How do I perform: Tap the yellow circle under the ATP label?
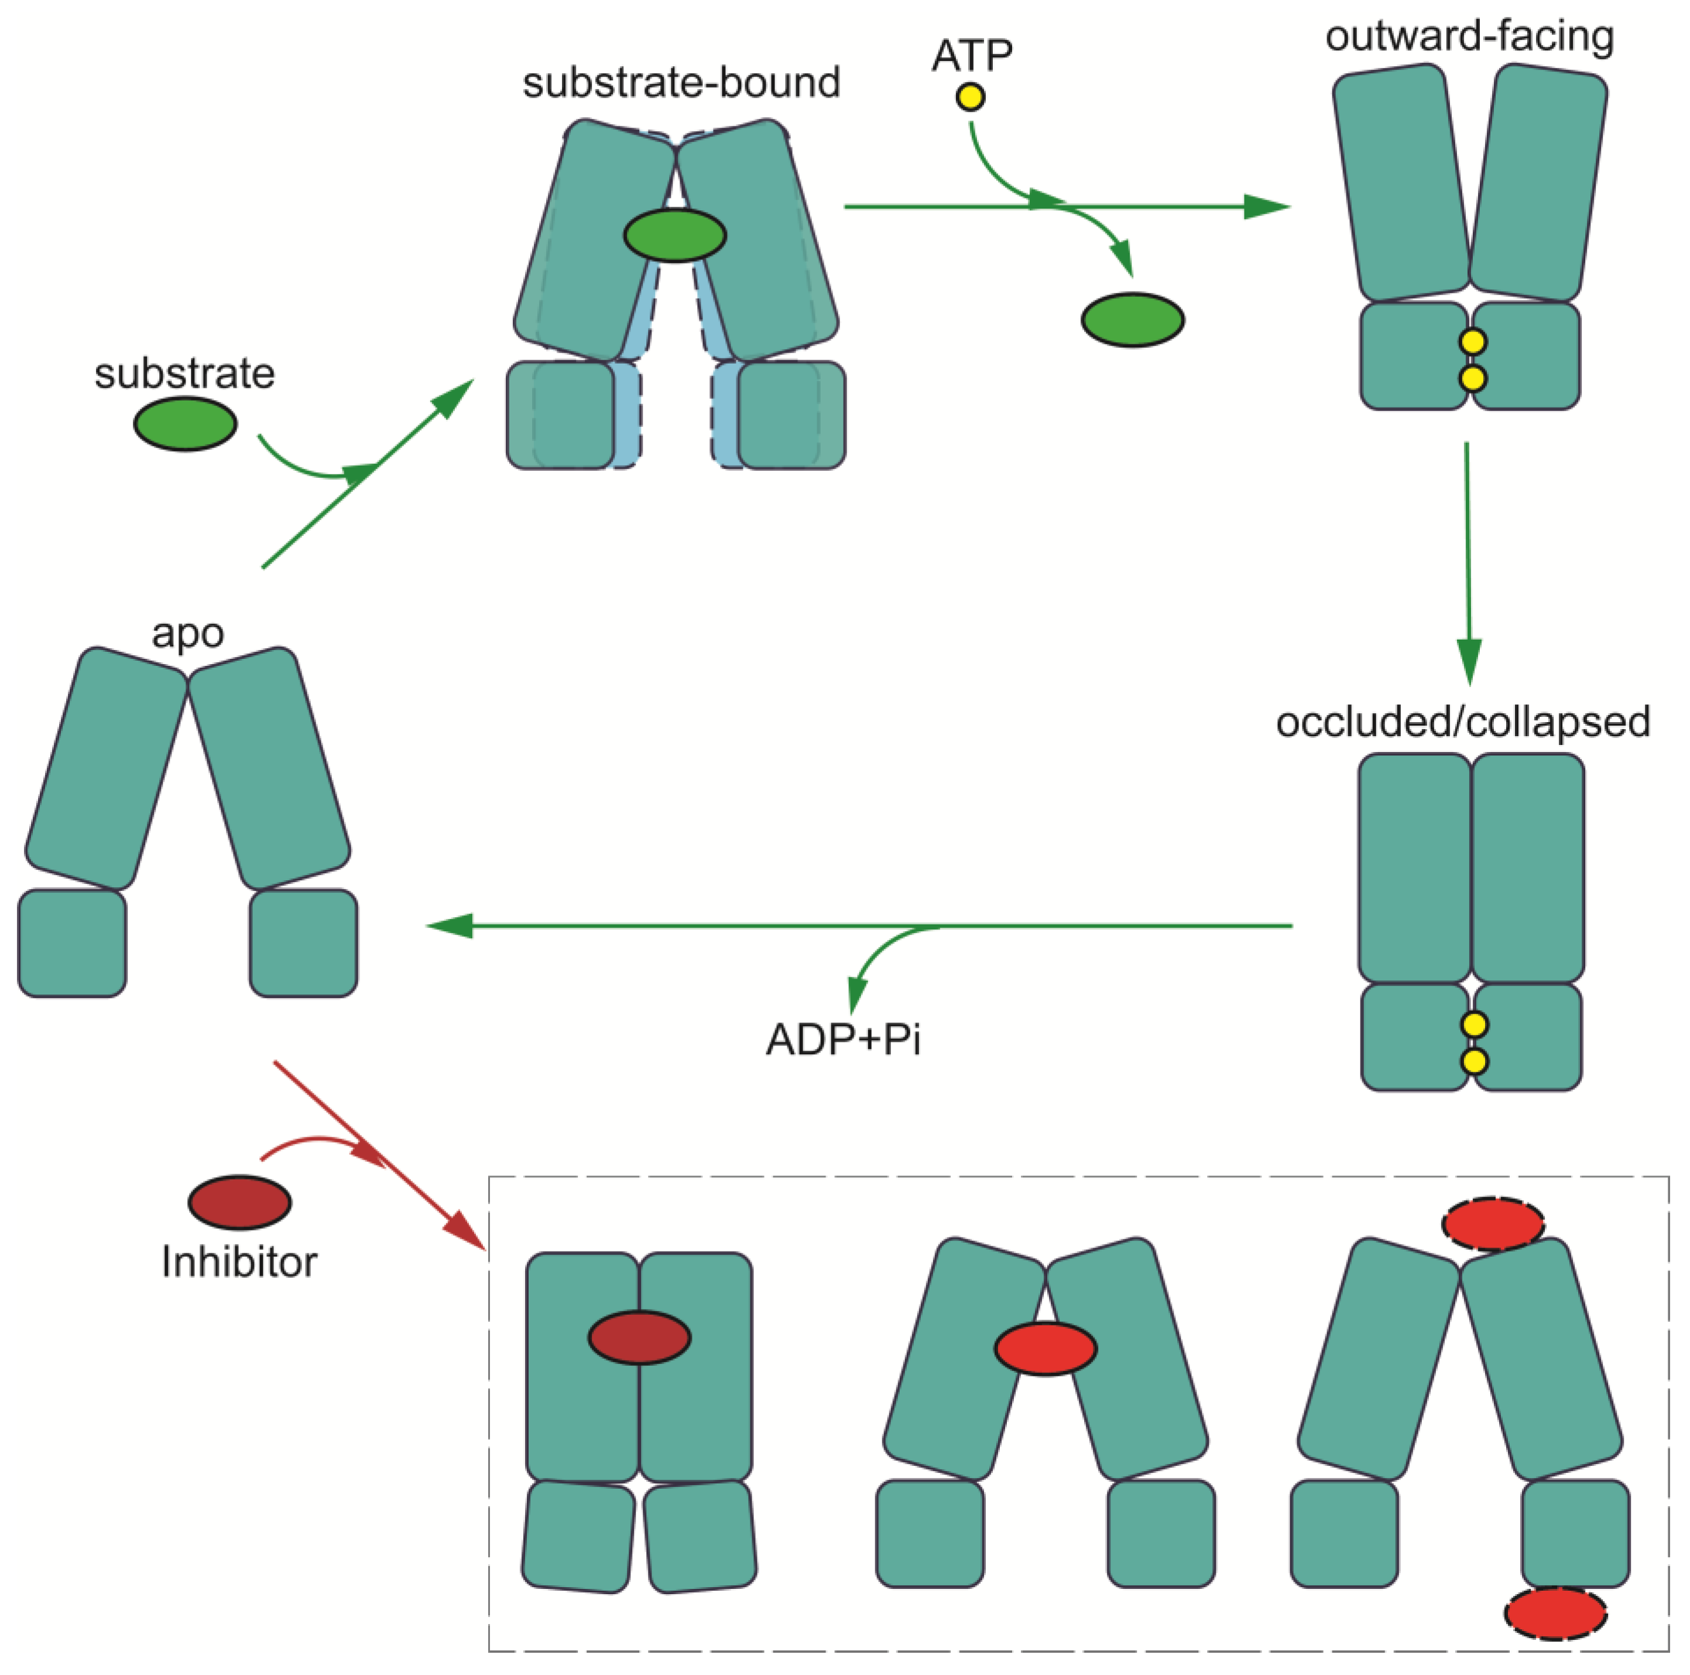pyautogui.click(x=970, y=96)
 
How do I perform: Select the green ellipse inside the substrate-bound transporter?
pyautogui.click(x=674, y=234)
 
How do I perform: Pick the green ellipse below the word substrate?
pyautogui.click(x=184, y=423)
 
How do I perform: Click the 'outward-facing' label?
pyautogui.click(x=1469, y=37)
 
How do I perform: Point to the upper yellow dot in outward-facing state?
pyautogui.click(x=1473, y=341)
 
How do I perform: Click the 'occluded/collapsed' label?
pyautogui.click(x=1462, y=723)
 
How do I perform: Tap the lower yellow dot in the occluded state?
pyautogui.click(x=1475, y=1062)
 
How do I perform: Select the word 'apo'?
pyautogui.click(x=187, y=633)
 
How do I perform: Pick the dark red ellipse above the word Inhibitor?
pyautogui.click(x=239, y=1202)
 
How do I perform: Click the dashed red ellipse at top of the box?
pyautogui.click(x=1493, y=1224)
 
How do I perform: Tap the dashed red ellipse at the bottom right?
pyautogui.click(x=1555, y=1613)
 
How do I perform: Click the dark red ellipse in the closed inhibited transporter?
pyautogui.click(x=639, y=1337)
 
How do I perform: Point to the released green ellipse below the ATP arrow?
pyautogui.click(x=1133, y=320)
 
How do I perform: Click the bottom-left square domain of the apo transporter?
pyautogui.click(x=72, y=944)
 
